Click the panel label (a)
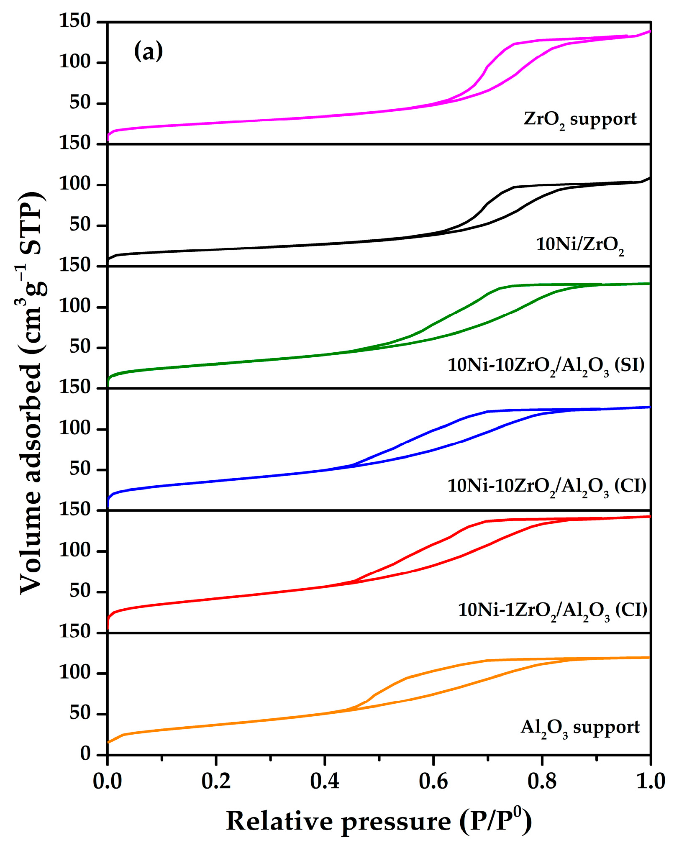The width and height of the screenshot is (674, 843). (148, 52)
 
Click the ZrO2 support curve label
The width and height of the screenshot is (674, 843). (580, 120)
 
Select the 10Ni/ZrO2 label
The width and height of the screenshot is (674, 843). (580, 244)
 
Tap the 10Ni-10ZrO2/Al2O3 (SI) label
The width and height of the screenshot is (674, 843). (546, 365)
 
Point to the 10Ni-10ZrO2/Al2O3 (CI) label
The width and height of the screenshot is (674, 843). (547, 486)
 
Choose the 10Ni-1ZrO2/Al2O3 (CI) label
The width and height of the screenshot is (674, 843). (552, 610)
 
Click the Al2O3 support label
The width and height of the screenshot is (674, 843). (580, 728)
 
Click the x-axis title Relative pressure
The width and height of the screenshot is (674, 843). (379, 821)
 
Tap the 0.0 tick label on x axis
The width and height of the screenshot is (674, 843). (108, 782)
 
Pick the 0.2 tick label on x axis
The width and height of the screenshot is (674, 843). (216, 782)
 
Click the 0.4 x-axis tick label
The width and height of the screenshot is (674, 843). (325, 782)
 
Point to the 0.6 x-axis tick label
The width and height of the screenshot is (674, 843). (433, 782)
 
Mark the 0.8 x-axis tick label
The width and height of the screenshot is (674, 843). (542, 782)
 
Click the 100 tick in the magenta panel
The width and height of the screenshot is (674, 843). (75, 62)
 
